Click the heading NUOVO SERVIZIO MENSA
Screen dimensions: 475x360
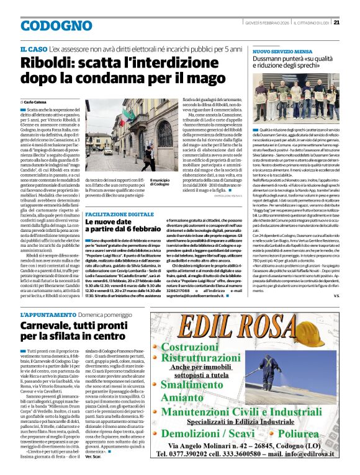click(277, 53)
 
